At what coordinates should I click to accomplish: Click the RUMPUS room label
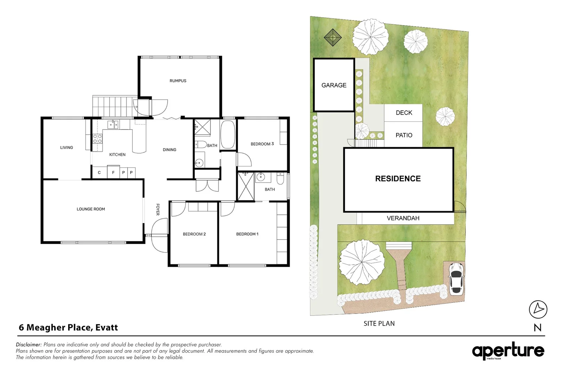[178, 81]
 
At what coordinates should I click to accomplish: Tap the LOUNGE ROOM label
[91, 209]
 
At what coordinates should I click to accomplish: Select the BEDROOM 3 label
[262, 144]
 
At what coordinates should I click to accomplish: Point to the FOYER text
[158, 209]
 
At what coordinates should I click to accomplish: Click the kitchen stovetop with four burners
[97, 139]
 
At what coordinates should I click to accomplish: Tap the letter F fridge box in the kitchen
[113, 173]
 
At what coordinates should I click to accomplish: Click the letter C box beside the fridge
[99, 173]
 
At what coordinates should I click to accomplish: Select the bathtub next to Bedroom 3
[228, 135]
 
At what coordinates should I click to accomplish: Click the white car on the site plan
[456, 278]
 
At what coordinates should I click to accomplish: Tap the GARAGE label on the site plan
[334, 85]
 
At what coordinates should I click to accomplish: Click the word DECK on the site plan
[404, 112]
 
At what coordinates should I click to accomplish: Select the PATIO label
[404, 135]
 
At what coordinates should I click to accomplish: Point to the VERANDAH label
[403, 218]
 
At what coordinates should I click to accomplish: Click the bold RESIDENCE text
[398, 178]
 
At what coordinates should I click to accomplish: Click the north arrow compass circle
[538, 309]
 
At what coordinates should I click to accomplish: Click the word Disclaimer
[28, 344]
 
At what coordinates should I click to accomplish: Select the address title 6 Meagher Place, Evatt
[68, 327]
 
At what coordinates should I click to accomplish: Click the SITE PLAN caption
[379, 323]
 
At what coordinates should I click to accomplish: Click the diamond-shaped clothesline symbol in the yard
[333, 37]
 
